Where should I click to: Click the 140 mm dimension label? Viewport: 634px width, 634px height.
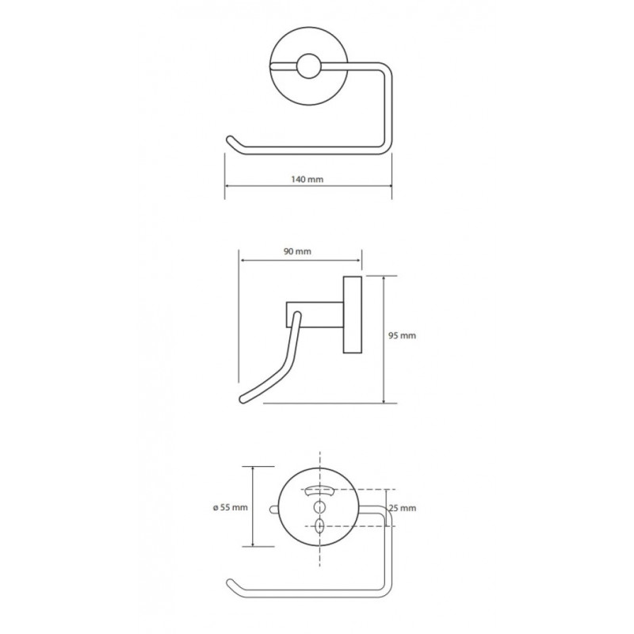[x=307, y=179]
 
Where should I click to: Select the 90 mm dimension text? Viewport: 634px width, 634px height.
[x=297, y=251]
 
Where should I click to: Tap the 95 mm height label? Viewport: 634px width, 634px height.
[x=402, y=335]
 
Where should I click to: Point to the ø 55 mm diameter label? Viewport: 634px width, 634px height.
[x=230, y=507]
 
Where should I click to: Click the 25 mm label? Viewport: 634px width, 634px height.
[x=403, y=508]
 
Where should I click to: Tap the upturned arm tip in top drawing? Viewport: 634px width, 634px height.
[x=231, y=139]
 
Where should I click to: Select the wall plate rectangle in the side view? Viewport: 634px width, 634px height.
[x=352, y=315]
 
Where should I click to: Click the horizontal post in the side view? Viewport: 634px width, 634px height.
[x=315, y=314]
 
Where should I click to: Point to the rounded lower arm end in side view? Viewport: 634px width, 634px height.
[x=245, y=399]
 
